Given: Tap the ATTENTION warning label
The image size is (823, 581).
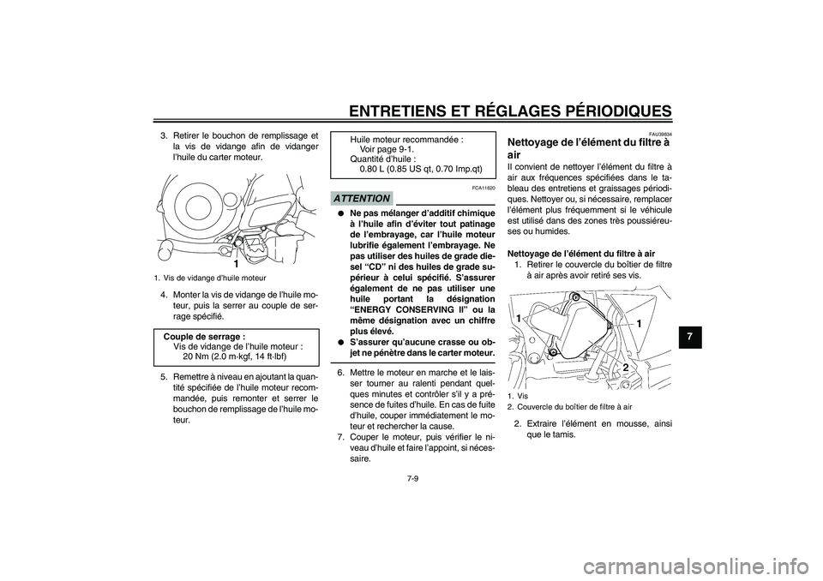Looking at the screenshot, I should click(363, 198).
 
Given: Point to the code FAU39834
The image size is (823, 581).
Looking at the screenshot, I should click(659, 135).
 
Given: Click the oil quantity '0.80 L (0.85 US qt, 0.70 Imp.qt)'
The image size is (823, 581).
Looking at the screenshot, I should click(421, 169).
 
